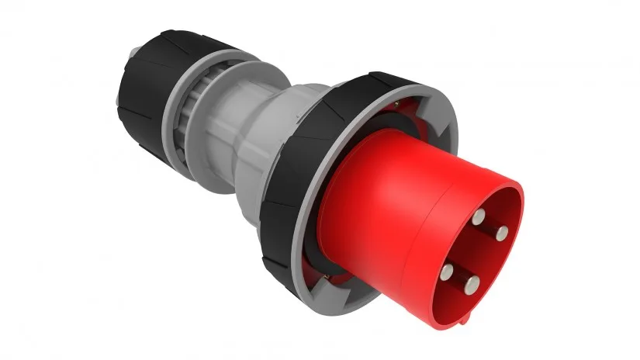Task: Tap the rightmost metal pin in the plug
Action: pyautogui.click(x=502, y=232)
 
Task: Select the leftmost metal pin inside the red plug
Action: pyautogui.click(x=448, y=271)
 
